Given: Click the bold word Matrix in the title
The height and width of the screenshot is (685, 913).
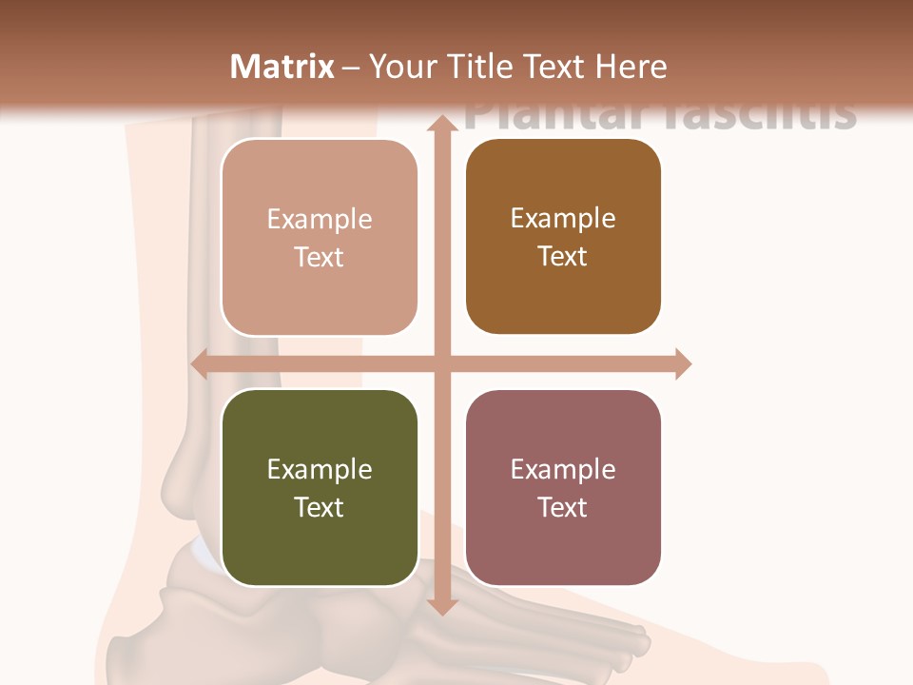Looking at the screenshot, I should [282, 67].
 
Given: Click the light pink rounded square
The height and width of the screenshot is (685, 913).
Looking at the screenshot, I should [320, 237].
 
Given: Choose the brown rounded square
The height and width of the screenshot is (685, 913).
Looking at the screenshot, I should [563, 236].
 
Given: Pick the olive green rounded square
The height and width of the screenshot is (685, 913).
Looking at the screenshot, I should [320, 487].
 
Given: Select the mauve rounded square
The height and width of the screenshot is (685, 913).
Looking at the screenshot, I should [563, 487].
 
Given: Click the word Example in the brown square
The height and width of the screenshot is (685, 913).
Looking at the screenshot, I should [563, 218].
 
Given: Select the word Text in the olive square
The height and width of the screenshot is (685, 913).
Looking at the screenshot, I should [320, 507].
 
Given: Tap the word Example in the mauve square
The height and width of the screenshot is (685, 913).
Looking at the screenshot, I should [563, 469].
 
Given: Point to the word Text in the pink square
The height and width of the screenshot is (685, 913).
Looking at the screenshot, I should [320, 257].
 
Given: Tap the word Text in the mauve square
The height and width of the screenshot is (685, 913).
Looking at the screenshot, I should [563, 507].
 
